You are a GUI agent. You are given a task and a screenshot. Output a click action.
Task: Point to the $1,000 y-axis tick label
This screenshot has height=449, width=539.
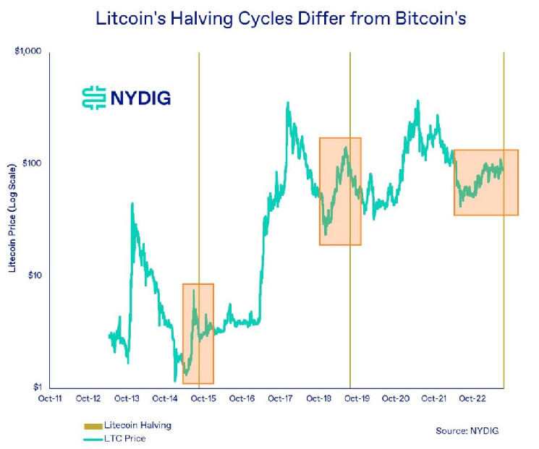(x=27, y=51)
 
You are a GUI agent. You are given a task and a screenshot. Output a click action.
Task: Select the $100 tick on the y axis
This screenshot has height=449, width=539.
(x=31, y=163)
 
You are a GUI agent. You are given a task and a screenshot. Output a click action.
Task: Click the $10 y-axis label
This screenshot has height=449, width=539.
(x=33, y=275)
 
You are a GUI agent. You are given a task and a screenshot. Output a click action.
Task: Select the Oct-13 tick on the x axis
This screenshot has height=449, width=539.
(x=127, y=398)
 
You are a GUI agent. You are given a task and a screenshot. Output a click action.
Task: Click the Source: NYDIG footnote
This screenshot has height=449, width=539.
(x=467, y=431)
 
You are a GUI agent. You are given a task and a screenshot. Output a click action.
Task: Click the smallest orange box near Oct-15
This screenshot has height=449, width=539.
(x=198, y=333)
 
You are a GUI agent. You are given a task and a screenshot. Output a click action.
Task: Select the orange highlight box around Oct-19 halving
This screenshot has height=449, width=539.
(x=340, y=191)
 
